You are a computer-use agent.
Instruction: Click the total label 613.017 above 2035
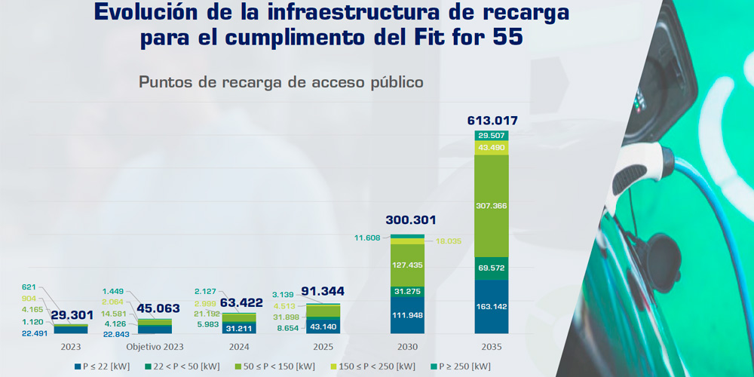tap(492, 121)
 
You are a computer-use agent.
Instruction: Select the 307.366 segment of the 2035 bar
tap(492, 205)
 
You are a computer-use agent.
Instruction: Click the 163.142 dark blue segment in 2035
tap(492, 307)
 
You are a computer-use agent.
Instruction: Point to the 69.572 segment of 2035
tap(492, 268)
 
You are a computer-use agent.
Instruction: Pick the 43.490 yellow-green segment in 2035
tap(492, 148)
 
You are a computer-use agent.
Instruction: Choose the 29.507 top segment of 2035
tap(492, 136)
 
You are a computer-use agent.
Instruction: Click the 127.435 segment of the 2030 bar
tap(408, 265)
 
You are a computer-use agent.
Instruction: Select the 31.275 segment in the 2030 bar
tap(408, 291)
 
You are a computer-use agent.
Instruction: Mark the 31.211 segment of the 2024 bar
tap(240, 329)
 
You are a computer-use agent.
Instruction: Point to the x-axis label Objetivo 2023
tap(155, 347)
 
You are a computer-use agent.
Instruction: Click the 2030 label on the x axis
tap(408, 347)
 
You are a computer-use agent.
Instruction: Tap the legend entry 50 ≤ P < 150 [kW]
tap(280, 366)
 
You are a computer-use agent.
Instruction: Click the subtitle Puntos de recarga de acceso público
tap(281, 82)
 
